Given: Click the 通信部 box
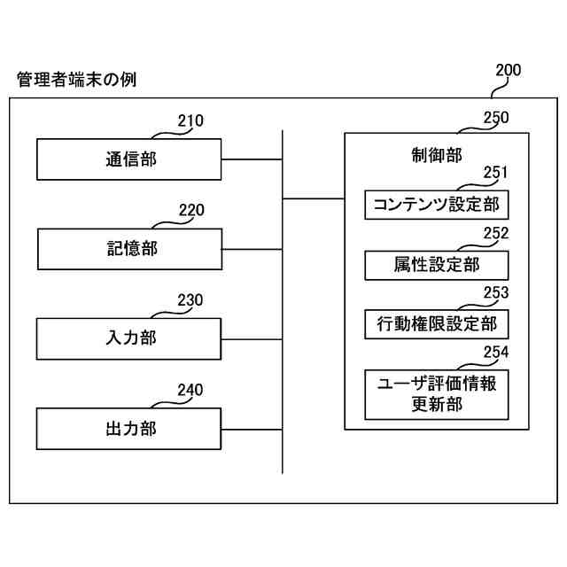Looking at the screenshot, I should coord(129,159).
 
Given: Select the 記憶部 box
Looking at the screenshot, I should coord(129,249).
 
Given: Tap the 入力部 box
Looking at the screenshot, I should coord(129,338).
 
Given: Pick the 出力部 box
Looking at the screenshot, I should coord(129,428).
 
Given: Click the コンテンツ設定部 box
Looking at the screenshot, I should coord(437,206).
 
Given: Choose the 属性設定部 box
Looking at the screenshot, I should coord(437,265).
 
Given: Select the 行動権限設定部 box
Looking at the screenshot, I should coord(437,323).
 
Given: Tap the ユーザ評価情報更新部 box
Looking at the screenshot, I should coord(437,395).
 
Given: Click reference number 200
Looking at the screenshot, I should coord(508,71).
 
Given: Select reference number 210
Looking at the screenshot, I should coord(190,120).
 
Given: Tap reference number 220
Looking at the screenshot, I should coord(191,210).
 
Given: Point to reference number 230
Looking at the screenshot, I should coord(190,299).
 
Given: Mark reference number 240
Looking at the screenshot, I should coord(190,389).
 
